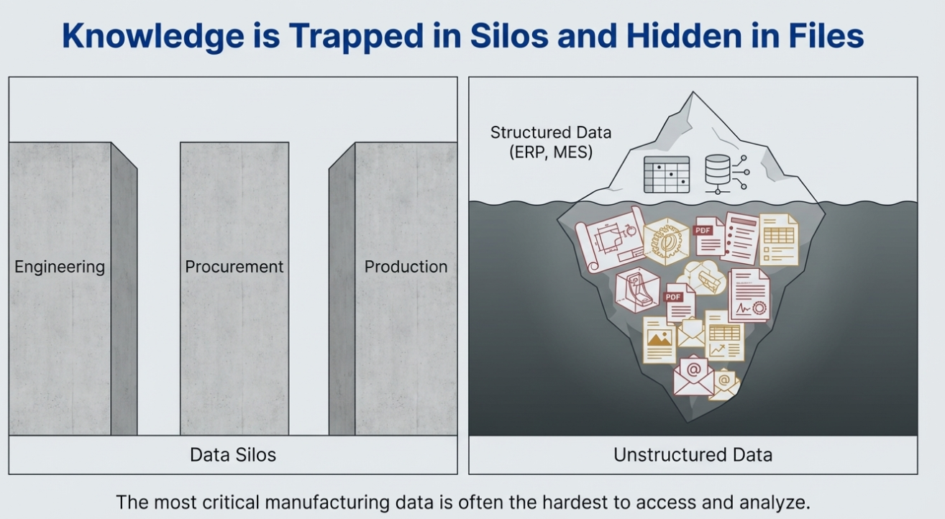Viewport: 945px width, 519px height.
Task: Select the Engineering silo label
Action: pos(60,267)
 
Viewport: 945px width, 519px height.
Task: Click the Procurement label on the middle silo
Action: pos(234,267)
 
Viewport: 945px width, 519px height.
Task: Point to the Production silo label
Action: pos(406,267)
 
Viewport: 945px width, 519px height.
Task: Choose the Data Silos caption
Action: pos(233,455)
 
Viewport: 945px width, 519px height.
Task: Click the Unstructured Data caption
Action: pos(693,455)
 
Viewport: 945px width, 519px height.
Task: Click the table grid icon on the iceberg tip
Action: pos(666,174)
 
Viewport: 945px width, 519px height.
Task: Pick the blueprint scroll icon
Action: pos(609,239)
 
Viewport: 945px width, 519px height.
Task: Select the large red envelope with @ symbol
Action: pos(694,375)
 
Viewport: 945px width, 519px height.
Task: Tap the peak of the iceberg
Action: pos(693,95)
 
